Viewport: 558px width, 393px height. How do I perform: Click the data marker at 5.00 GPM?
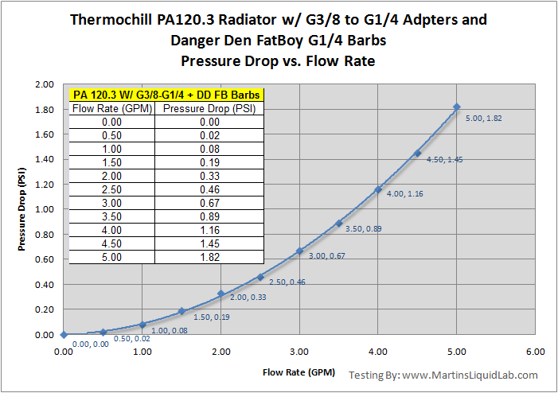coord(457,107)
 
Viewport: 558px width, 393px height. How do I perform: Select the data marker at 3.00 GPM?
coord(299,251)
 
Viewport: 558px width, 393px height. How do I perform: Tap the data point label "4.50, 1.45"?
coord(445,160)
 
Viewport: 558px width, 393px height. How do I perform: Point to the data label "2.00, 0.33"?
coord(248,297)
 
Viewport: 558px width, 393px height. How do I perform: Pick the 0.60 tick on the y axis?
coord(42,259)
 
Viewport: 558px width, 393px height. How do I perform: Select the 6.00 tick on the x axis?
coord(535,351)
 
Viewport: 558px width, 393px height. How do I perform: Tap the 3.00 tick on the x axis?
coord(299,351)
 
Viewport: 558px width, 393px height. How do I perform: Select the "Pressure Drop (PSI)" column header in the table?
coord(200,108)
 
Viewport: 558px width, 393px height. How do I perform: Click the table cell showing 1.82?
coord(200,257)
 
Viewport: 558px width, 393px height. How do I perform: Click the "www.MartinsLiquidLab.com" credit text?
coord(470,375)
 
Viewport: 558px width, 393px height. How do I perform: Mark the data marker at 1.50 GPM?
coord(181,311)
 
